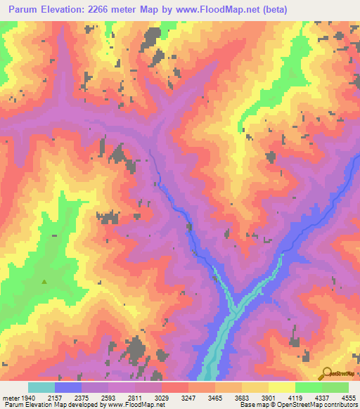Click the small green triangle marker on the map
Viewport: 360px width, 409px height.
tap(45, 283)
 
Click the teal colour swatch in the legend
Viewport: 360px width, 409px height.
tap(41, 387)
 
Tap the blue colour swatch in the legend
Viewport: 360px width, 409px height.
tap(68, 387)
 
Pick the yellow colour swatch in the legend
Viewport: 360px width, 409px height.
tap(281, 387)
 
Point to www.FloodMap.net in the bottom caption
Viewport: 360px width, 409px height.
tap(136, 405)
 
